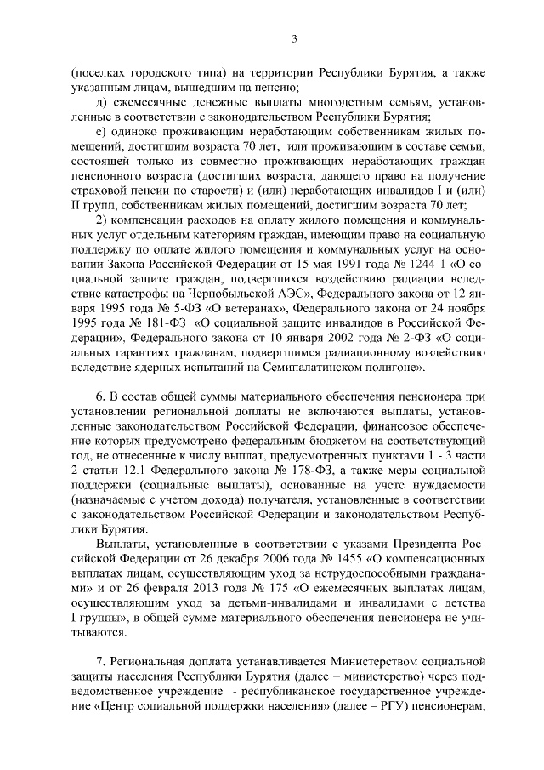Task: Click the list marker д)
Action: (99, 102)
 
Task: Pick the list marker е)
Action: (99, 133)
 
